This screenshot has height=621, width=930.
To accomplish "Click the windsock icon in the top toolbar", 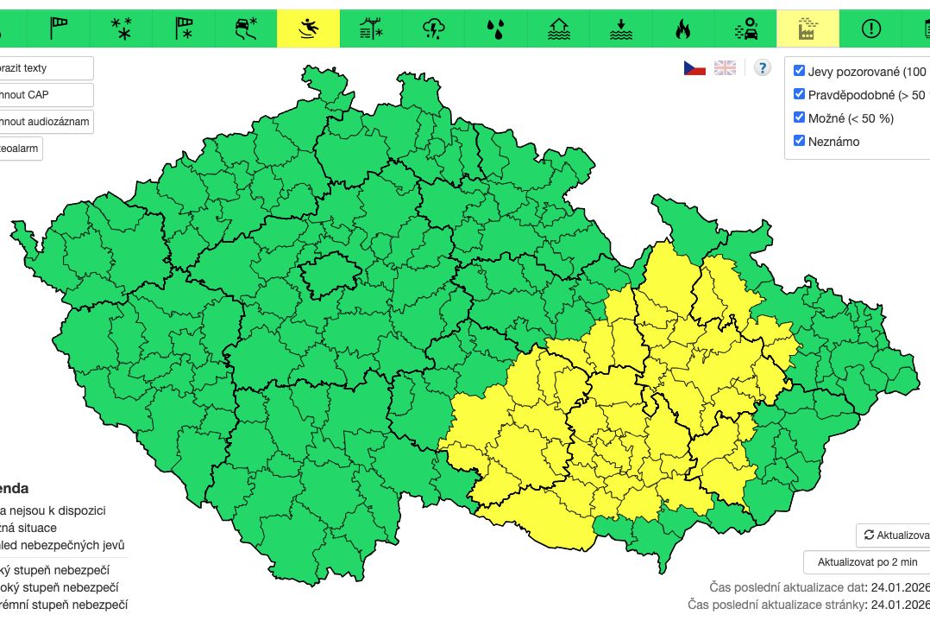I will coord(59,29).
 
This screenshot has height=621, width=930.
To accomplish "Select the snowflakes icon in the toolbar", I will coord(122,29).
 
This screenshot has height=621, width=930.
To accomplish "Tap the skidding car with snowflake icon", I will coord(246,29).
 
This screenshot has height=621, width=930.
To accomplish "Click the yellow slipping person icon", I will coord(308,29).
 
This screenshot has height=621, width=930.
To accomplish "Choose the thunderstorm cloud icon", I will coord(433,29).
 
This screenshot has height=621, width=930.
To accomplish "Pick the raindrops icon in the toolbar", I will coord(495,29).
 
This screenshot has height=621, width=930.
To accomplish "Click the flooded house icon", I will coord(558,29).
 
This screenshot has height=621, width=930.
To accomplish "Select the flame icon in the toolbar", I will coord(682,29).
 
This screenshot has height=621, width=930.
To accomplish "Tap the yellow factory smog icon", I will coord(807,29).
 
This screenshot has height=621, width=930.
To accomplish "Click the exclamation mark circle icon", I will coord(870,29).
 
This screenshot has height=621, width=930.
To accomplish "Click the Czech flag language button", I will coord(694,68).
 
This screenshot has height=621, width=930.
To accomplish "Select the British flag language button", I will coord(725,68).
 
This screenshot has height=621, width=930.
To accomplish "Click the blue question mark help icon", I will coord(762,68).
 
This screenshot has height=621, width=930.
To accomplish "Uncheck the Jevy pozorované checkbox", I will coord(799,71).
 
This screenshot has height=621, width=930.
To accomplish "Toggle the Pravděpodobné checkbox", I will coord(799,94).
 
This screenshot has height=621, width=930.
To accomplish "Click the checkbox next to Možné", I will coord(799,117).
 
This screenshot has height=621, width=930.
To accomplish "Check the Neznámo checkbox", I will coord(799,141).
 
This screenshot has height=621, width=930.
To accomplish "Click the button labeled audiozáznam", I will coord(45,122).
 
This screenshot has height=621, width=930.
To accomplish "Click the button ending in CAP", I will coord(45,95).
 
